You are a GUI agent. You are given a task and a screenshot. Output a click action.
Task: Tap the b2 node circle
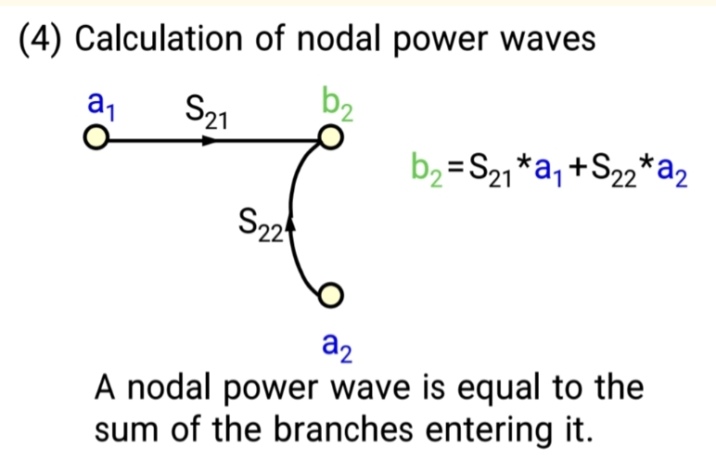click(x=329, y=140)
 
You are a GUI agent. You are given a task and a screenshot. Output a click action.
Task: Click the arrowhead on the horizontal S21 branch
click(x=211, y=141)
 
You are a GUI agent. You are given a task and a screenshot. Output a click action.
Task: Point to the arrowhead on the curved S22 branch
click(x=291, y=223)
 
